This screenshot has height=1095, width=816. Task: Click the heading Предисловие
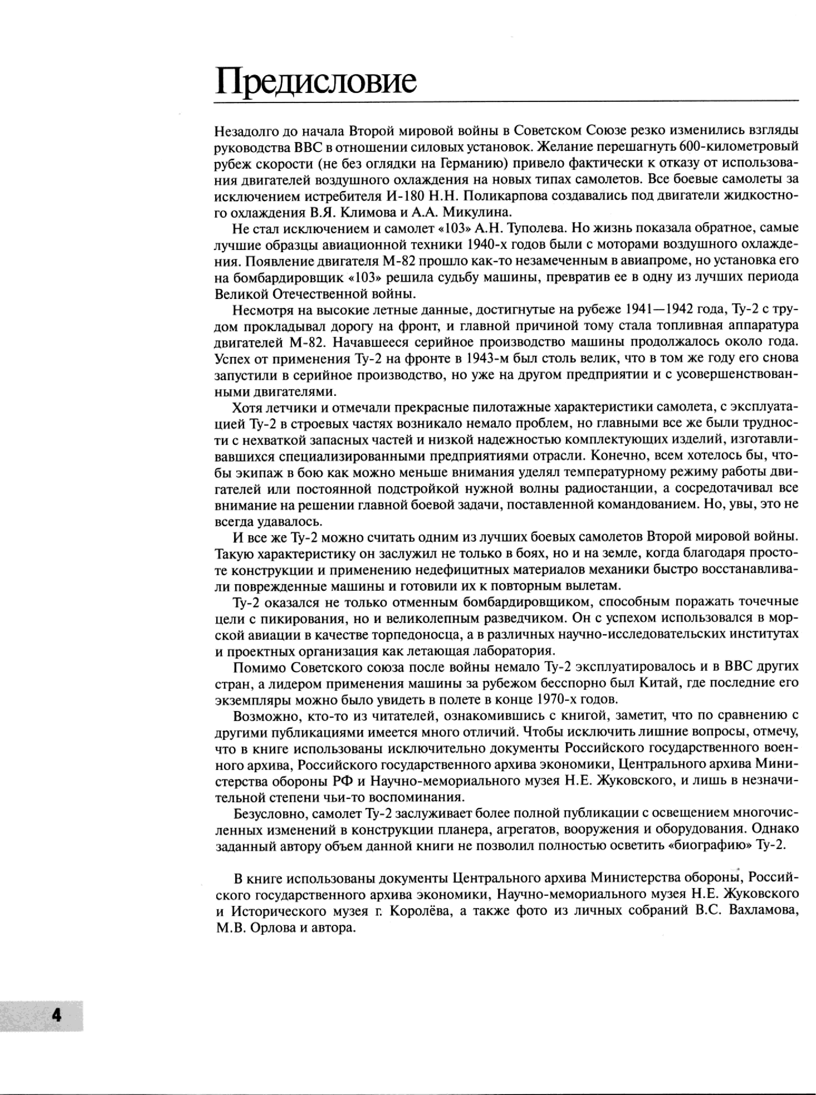tap(316, 82)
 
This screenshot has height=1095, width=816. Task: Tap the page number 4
tap(56, 1014)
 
